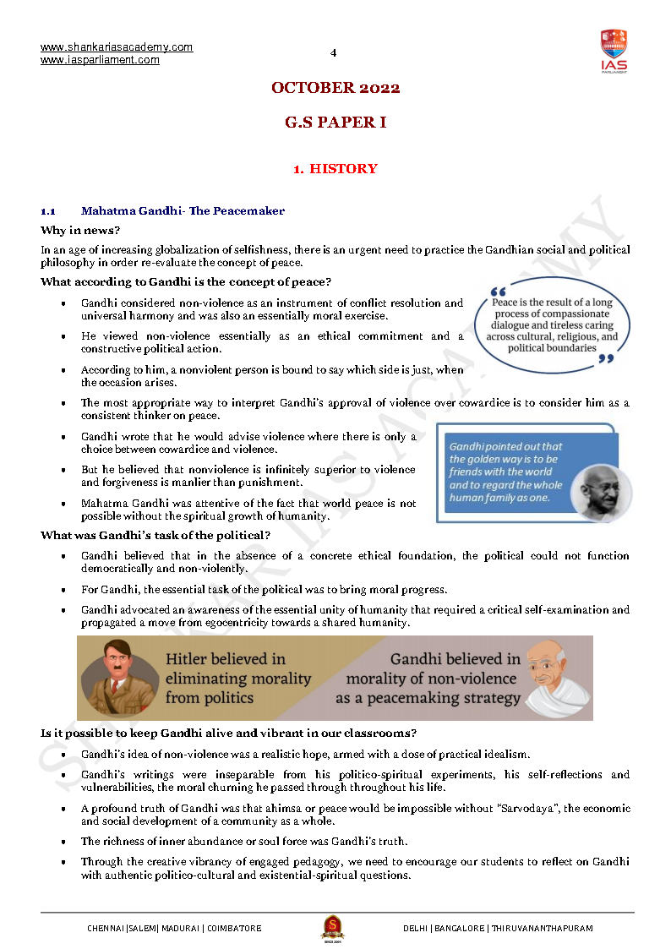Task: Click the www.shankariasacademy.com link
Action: coord(117,47)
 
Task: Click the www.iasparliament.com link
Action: coord(100,60)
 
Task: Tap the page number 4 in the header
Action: coord(333,52)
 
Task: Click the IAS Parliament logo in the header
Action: coord(614,50)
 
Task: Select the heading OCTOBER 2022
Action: coord(335,88)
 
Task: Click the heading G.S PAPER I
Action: coord(335,123)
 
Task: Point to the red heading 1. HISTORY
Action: coord(335,169)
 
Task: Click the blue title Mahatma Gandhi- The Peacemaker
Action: coord(183,211)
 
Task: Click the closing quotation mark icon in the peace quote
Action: coord(605,359)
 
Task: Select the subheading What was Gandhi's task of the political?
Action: coord(155,535)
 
